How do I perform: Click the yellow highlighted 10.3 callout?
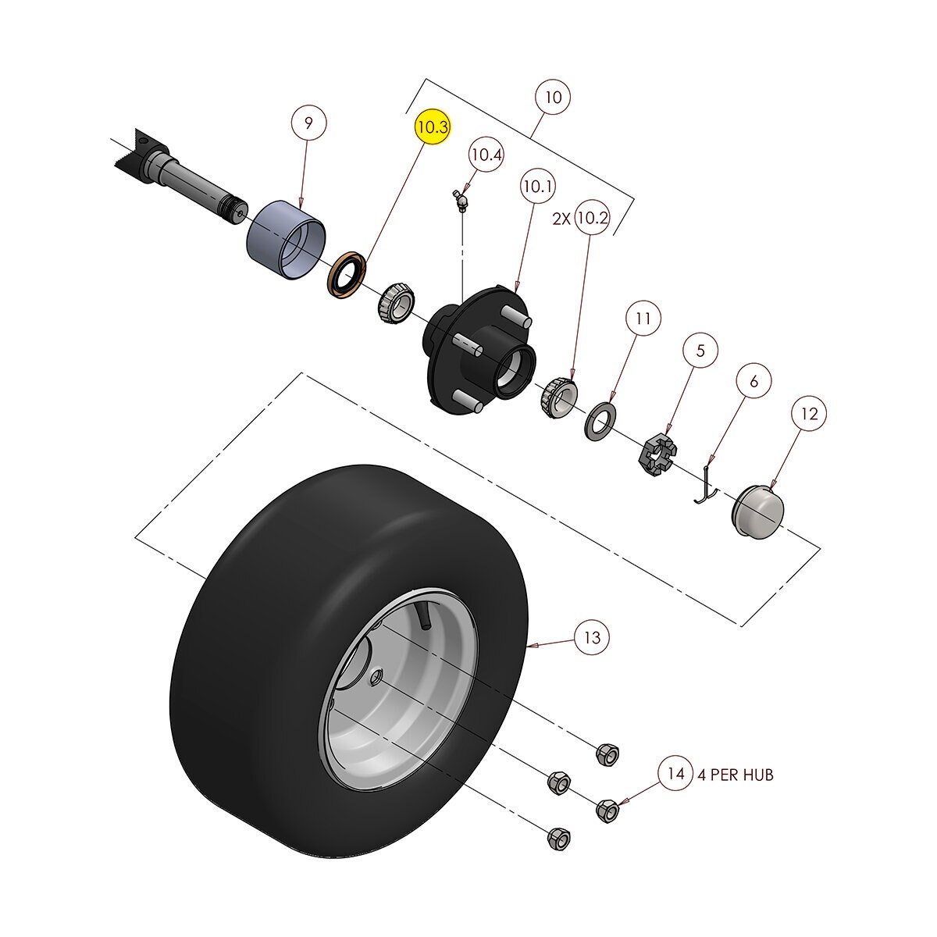click(x=432, y=127)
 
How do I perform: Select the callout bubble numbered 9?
click(x=308, y=123)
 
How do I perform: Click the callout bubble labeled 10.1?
click(x=538, y=187)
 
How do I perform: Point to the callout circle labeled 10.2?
click(x=591, y=219)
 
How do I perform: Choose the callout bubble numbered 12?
click(x=810, y=414)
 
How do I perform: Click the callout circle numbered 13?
click(x=593, y=638)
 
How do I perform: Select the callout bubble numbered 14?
click(x=675, y=774)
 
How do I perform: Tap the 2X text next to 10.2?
click(x=561, y=219)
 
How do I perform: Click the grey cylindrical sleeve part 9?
click(x=286, y=239)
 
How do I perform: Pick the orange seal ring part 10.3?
click(x=345, y=274)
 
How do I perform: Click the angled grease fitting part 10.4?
click(x=461, y=201)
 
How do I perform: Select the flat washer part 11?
click(x=601, y=420)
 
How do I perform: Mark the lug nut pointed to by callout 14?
click(x=607, y=810)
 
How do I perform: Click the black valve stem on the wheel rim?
click(x=424, y=615)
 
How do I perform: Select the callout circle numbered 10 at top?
click(x=553, y=98)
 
